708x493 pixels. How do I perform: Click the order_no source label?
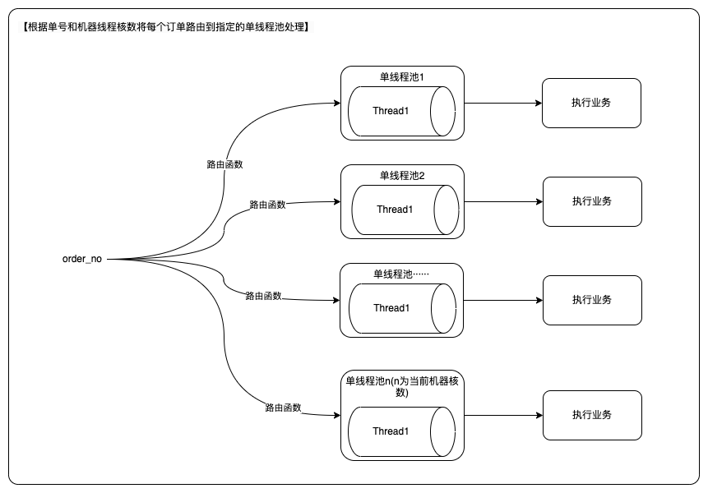pos(82,260)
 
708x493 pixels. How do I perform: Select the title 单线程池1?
pos(401,77)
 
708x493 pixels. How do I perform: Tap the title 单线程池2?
pos(401,176)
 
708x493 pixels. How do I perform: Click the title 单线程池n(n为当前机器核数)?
pos(401,386)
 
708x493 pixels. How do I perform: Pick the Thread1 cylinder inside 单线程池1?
pos(400,111)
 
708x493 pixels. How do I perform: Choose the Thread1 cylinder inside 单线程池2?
pos(405,210)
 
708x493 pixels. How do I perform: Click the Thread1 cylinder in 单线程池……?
pos(400,308)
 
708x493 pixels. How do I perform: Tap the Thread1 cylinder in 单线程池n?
pos(400,431)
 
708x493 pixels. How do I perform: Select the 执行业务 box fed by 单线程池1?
pos(591,103)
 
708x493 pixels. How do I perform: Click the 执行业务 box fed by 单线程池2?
pos(591,201)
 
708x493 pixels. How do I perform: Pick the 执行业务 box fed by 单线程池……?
pos(591,300)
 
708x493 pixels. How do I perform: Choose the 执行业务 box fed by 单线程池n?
pos(591,415)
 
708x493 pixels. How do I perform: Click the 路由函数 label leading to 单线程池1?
pos(224,164)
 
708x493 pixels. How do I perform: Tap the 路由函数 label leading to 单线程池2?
pos(267,205)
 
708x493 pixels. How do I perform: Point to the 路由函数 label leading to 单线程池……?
pos(263,296)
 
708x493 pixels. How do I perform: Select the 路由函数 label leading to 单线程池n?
pos(283,408)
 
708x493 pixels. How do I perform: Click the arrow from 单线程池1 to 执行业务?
pos(502,104)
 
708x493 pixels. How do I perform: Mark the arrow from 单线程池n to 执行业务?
pos(502,416)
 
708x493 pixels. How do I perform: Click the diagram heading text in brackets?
pos(164,27)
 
